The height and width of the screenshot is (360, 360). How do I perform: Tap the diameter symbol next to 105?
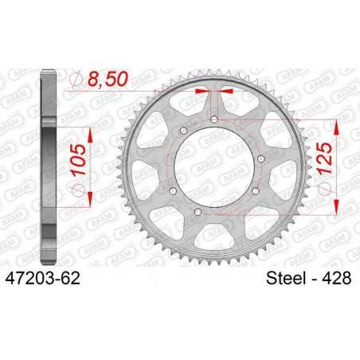pos(80,188)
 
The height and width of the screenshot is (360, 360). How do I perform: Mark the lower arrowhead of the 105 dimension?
pos(93,194)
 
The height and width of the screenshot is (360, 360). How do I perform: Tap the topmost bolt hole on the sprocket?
pos(215,119)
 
